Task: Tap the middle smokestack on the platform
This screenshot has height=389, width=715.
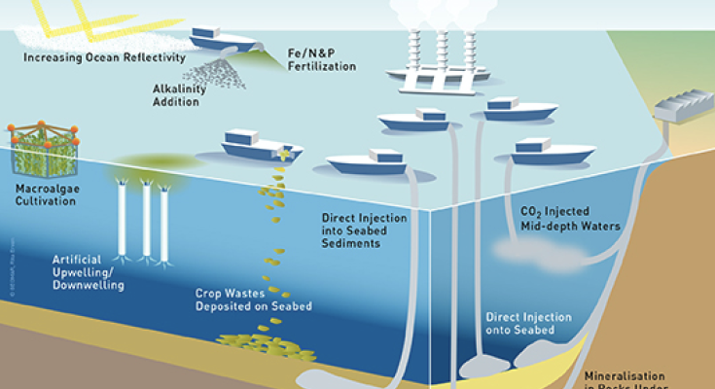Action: point(441,44)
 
